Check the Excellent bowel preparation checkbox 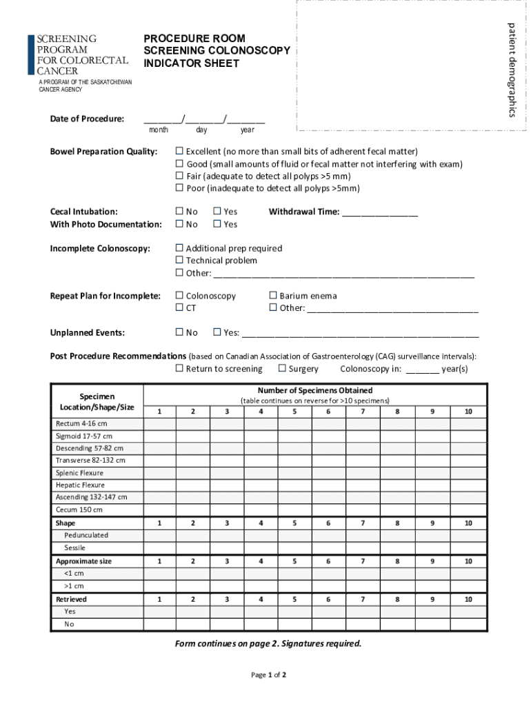(x=179, y=152)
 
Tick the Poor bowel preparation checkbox (x=179, y=188)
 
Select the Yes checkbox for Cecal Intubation (x=217, y=212)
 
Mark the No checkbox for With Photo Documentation (x=179, y=224)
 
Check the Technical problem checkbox (x=179, y=261)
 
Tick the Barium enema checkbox (x=273, y=296)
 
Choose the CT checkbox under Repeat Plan (x=179, y=308)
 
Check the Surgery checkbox (x=282, y=369)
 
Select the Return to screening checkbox (x=179, y=369)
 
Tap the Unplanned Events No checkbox (x=179, y=333)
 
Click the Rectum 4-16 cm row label (x=81, y=423)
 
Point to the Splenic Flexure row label (x=79, y=473)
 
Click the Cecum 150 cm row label (x=79, y=510)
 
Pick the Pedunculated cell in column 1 (x=159, y=535)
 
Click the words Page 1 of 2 (x=268, y=675)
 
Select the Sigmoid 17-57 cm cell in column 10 (x=468, y=436)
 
